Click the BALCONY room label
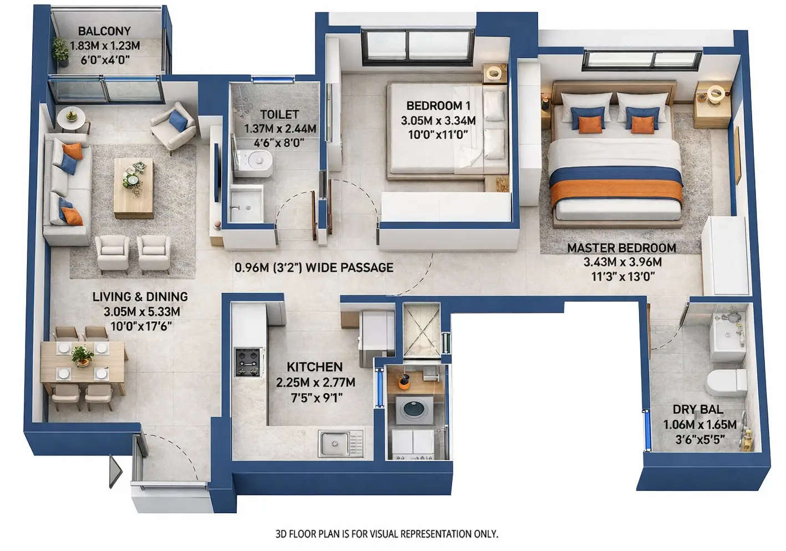point(104,31)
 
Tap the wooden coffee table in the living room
point(133,188)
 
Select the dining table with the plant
point(83,360)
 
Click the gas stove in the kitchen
point(248,362)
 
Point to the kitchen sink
point(334,443)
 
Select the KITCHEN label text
point(315,367)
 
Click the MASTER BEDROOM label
point(621,248)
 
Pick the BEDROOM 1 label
point(438,106)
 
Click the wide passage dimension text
point(314,268)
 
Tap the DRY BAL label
point(698,409)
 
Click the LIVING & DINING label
point(140,297)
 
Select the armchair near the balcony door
point(174,126)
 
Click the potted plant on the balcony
point(60,49)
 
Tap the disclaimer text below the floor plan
point(387,534)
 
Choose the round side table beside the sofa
point(71,118)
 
